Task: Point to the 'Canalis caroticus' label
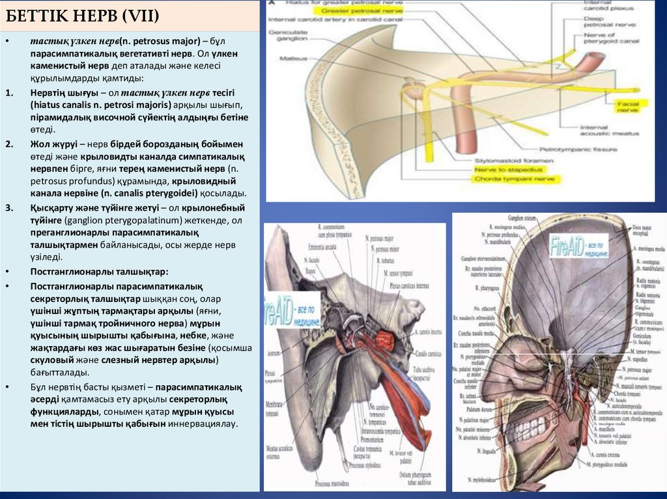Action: coord(423,355)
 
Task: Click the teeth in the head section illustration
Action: coord(522,424)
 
